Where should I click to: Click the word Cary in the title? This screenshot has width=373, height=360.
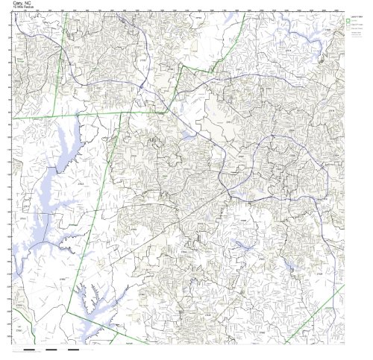pos(19,3)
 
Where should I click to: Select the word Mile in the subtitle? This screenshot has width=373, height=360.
pos(21,7)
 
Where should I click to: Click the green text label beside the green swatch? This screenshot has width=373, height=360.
pos(355,21)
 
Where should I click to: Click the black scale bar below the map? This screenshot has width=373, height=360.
pos(52,349)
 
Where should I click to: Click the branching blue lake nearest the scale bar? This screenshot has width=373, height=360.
pos(93,298)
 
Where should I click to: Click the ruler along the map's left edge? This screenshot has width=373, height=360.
pos(10,179)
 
